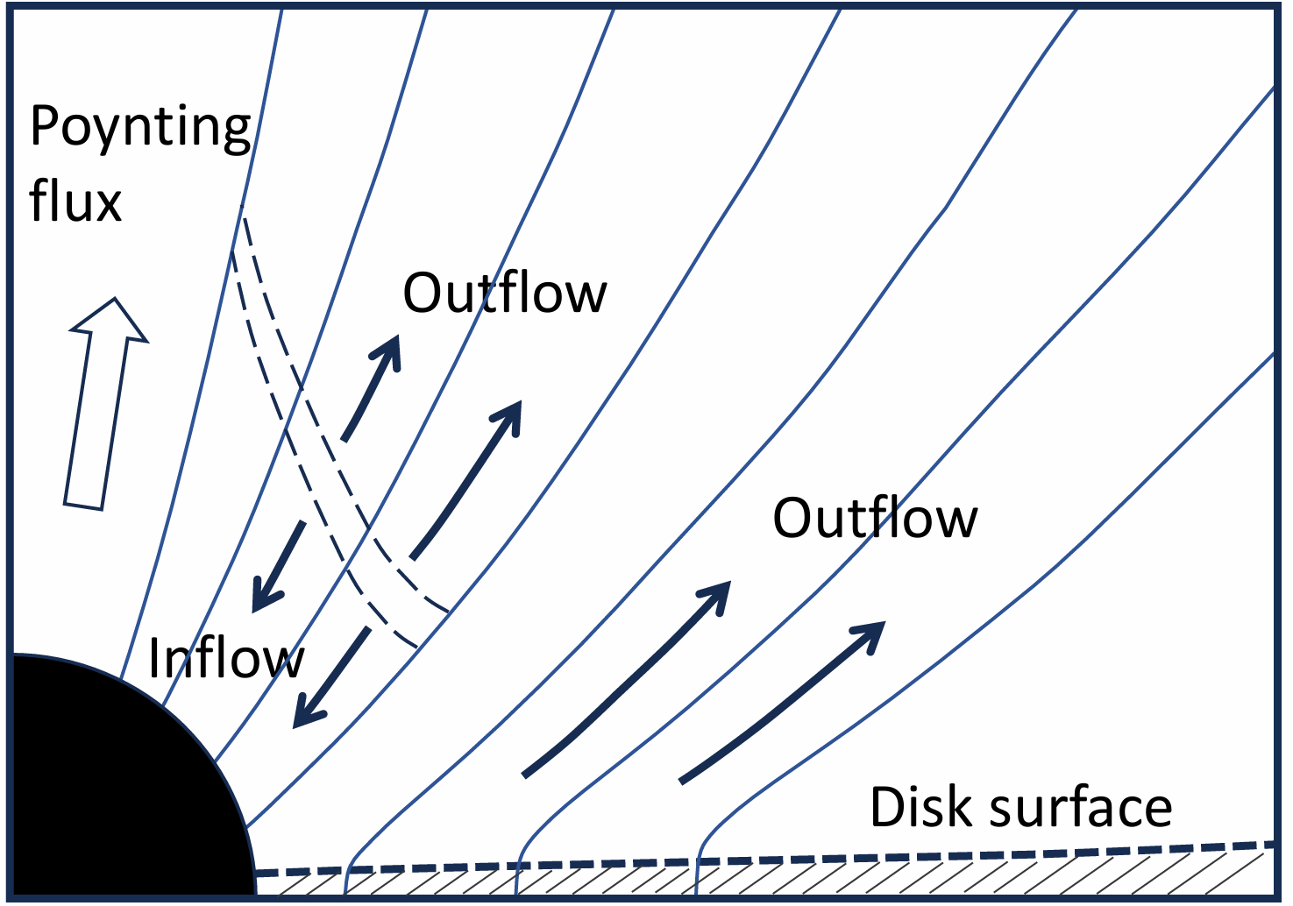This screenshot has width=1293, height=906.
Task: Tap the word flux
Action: pyautogui.click(x=75, y=201)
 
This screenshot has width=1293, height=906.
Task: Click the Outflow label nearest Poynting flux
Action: pyautogui.click(x=504, y=293)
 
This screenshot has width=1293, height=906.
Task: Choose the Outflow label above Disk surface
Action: pyautogui.click(x=874, y=518)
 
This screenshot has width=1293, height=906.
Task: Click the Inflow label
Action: pyautogui.click(x=226, y=658)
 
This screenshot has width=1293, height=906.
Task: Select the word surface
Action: pyautogui.click(x=1080, y=807)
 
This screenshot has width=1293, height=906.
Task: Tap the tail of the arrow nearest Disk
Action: pyautogui.click(x=685, y=778)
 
